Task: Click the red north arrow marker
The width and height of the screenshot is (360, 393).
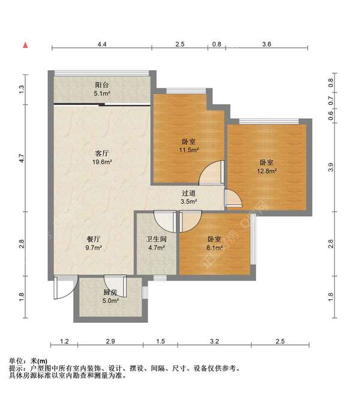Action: pos(25,45)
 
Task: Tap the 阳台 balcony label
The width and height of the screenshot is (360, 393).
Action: pos(102,85)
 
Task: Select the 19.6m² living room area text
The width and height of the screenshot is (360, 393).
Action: pos(102,162)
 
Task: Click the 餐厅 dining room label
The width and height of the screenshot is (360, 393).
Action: pos(94,239)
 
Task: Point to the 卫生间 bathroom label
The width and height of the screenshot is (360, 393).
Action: pos(157,239)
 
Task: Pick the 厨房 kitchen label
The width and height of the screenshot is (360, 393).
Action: pos(110,292)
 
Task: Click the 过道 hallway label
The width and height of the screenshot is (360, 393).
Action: pos(189,193)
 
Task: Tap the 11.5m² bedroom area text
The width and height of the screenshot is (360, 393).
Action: pos(189,150)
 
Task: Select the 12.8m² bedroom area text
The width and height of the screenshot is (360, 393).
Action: pos(266,171)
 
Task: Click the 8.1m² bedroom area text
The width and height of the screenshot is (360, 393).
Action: pos(214,248)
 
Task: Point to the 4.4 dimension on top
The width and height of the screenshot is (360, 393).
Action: pos(102,44)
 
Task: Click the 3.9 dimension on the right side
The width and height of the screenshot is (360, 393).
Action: pos(331,167)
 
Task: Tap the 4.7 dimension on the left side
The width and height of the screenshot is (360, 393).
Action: pos(22,158)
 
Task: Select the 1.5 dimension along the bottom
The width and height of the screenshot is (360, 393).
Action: pos(160,341)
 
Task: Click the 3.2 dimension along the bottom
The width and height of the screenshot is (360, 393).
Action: pos(214,341)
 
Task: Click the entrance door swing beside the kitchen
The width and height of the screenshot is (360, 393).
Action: pos(65,287)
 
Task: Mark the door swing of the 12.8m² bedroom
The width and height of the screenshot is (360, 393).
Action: pos(233,198)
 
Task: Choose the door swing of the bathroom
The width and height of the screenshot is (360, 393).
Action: pos(165,221)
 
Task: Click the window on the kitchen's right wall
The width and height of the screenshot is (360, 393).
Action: pos(145,292)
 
